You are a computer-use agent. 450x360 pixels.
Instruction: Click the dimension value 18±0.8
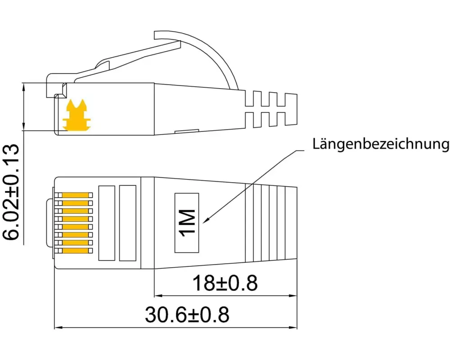tap(225, 283)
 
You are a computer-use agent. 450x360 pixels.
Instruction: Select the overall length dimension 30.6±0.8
tap(187, 315)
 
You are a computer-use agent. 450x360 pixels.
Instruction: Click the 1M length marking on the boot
tap(187, 222)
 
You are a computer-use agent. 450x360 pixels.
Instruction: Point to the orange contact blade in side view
tap(76, 116)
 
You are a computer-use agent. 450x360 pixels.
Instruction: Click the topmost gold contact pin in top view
tap(77, 195)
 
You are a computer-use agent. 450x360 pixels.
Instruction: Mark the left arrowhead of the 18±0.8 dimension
tap(157, 296)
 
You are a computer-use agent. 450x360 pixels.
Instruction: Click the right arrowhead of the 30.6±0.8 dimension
tap(294, 328)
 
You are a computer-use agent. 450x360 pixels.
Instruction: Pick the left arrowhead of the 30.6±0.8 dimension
tap(58, 328)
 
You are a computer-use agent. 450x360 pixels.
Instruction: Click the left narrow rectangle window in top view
tap(107, 223)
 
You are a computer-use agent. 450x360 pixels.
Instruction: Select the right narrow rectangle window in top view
tap(128, 223)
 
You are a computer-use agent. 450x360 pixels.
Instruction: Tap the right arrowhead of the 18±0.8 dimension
tap(294, 296)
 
